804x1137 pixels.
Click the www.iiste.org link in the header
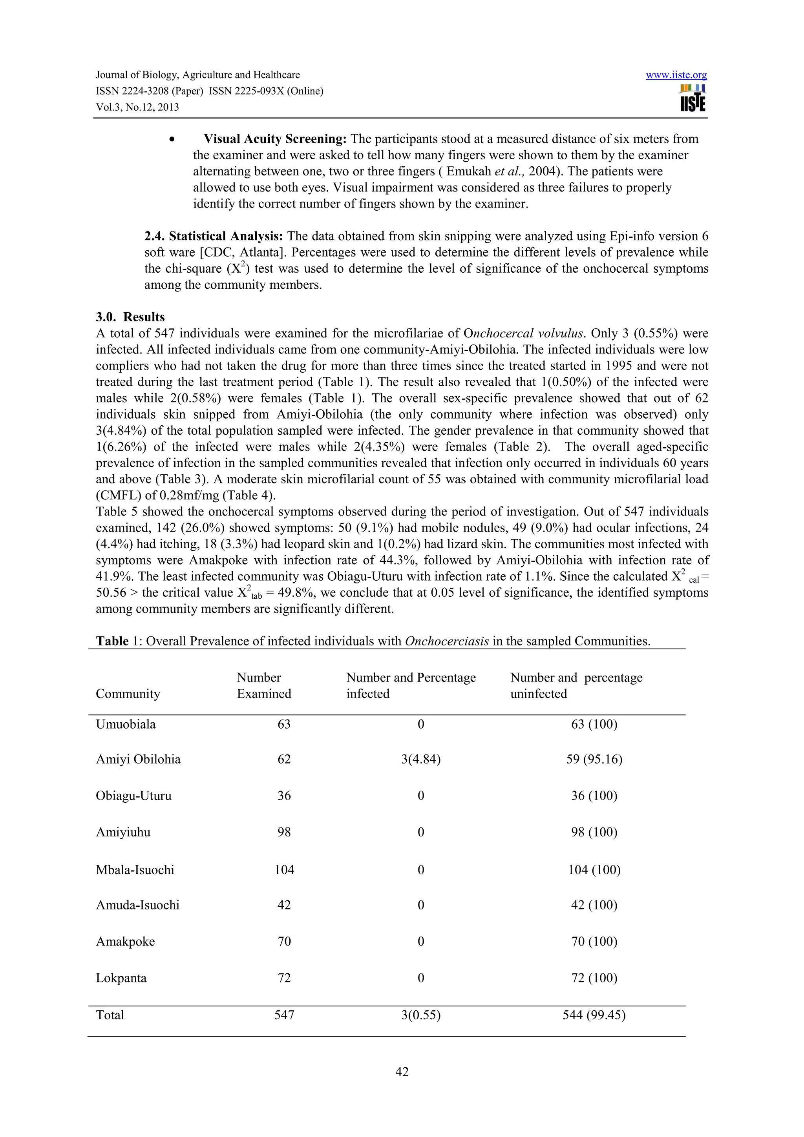[676, 75]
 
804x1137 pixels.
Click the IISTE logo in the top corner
[693, 98]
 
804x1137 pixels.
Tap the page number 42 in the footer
[402, 1071]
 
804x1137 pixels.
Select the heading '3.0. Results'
[130, 317]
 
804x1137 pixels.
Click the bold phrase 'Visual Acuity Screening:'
[275, 139]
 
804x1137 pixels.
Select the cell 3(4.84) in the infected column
[420, 759]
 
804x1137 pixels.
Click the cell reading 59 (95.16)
[594, 759]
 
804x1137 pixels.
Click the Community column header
[128, 693]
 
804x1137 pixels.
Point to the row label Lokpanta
[121, 978]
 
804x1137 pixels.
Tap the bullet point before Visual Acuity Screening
[172, 140]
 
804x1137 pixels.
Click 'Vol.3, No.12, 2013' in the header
[137, 108]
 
